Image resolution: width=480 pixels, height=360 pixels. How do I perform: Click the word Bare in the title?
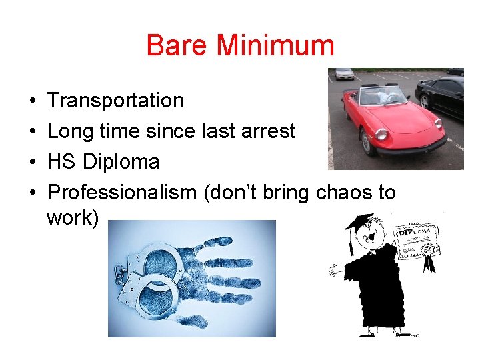point(172,46)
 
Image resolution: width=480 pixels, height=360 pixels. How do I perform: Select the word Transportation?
point(116,101)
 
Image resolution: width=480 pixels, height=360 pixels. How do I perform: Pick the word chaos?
point(345,193)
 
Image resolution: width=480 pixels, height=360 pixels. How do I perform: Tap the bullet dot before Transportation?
point(33,101)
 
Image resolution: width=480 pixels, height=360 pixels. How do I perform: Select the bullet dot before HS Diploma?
point(33,163)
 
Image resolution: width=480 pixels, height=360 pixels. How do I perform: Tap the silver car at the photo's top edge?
point(345,73)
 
